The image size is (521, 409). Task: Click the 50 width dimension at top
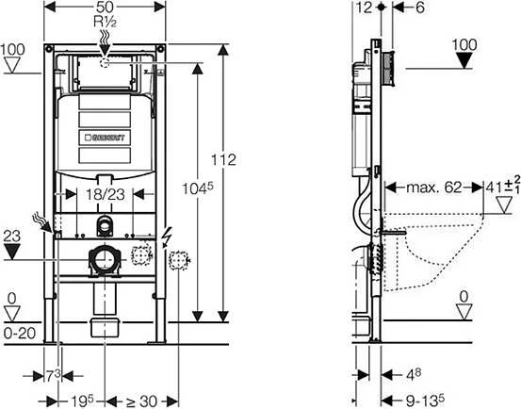coord(105,7)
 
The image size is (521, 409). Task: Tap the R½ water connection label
coord(105,23)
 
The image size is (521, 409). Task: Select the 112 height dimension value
coord(223,160)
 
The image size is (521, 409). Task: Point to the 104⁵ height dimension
coord(197,188)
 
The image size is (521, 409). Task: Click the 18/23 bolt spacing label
coord(106,195)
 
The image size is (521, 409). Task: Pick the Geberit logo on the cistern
coord(105,138)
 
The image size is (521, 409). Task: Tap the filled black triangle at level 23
coord(12,252)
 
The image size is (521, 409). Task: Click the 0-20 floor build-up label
coord(20,334)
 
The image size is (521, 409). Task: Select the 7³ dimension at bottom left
coord(53,376)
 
